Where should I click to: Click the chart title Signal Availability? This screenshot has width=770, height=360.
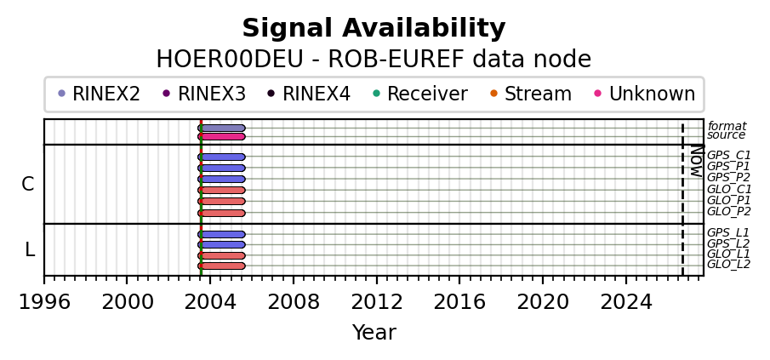pos(374,28)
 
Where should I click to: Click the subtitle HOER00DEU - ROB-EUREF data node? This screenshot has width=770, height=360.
pos(374,60)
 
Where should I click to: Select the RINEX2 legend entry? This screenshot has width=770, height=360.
pos(100,94)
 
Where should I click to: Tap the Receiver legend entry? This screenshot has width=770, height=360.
pos(420,94)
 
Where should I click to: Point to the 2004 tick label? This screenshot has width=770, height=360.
pos(210,302)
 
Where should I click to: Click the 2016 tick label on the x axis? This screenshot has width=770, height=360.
pos(459,302)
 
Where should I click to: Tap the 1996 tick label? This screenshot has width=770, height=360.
pos(44,302)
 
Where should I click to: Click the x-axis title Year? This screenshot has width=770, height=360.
pos(374,333)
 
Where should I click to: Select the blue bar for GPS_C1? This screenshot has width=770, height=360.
pos(221,157)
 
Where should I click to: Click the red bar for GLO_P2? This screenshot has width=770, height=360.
pos(221,213)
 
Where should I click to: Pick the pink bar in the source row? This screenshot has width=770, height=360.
pos(221,136)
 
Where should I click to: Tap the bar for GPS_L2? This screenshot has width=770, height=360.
pos(221,244)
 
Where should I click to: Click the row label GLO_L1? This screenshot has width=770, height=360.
pos(728,254)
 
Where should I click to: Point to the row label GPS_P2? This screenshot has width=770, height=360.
pos(728,177)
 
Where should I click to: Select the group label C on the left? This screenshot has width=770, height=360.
pos(28,184)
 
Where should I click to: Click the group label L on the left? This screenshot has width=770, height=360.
pos(30,250)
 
